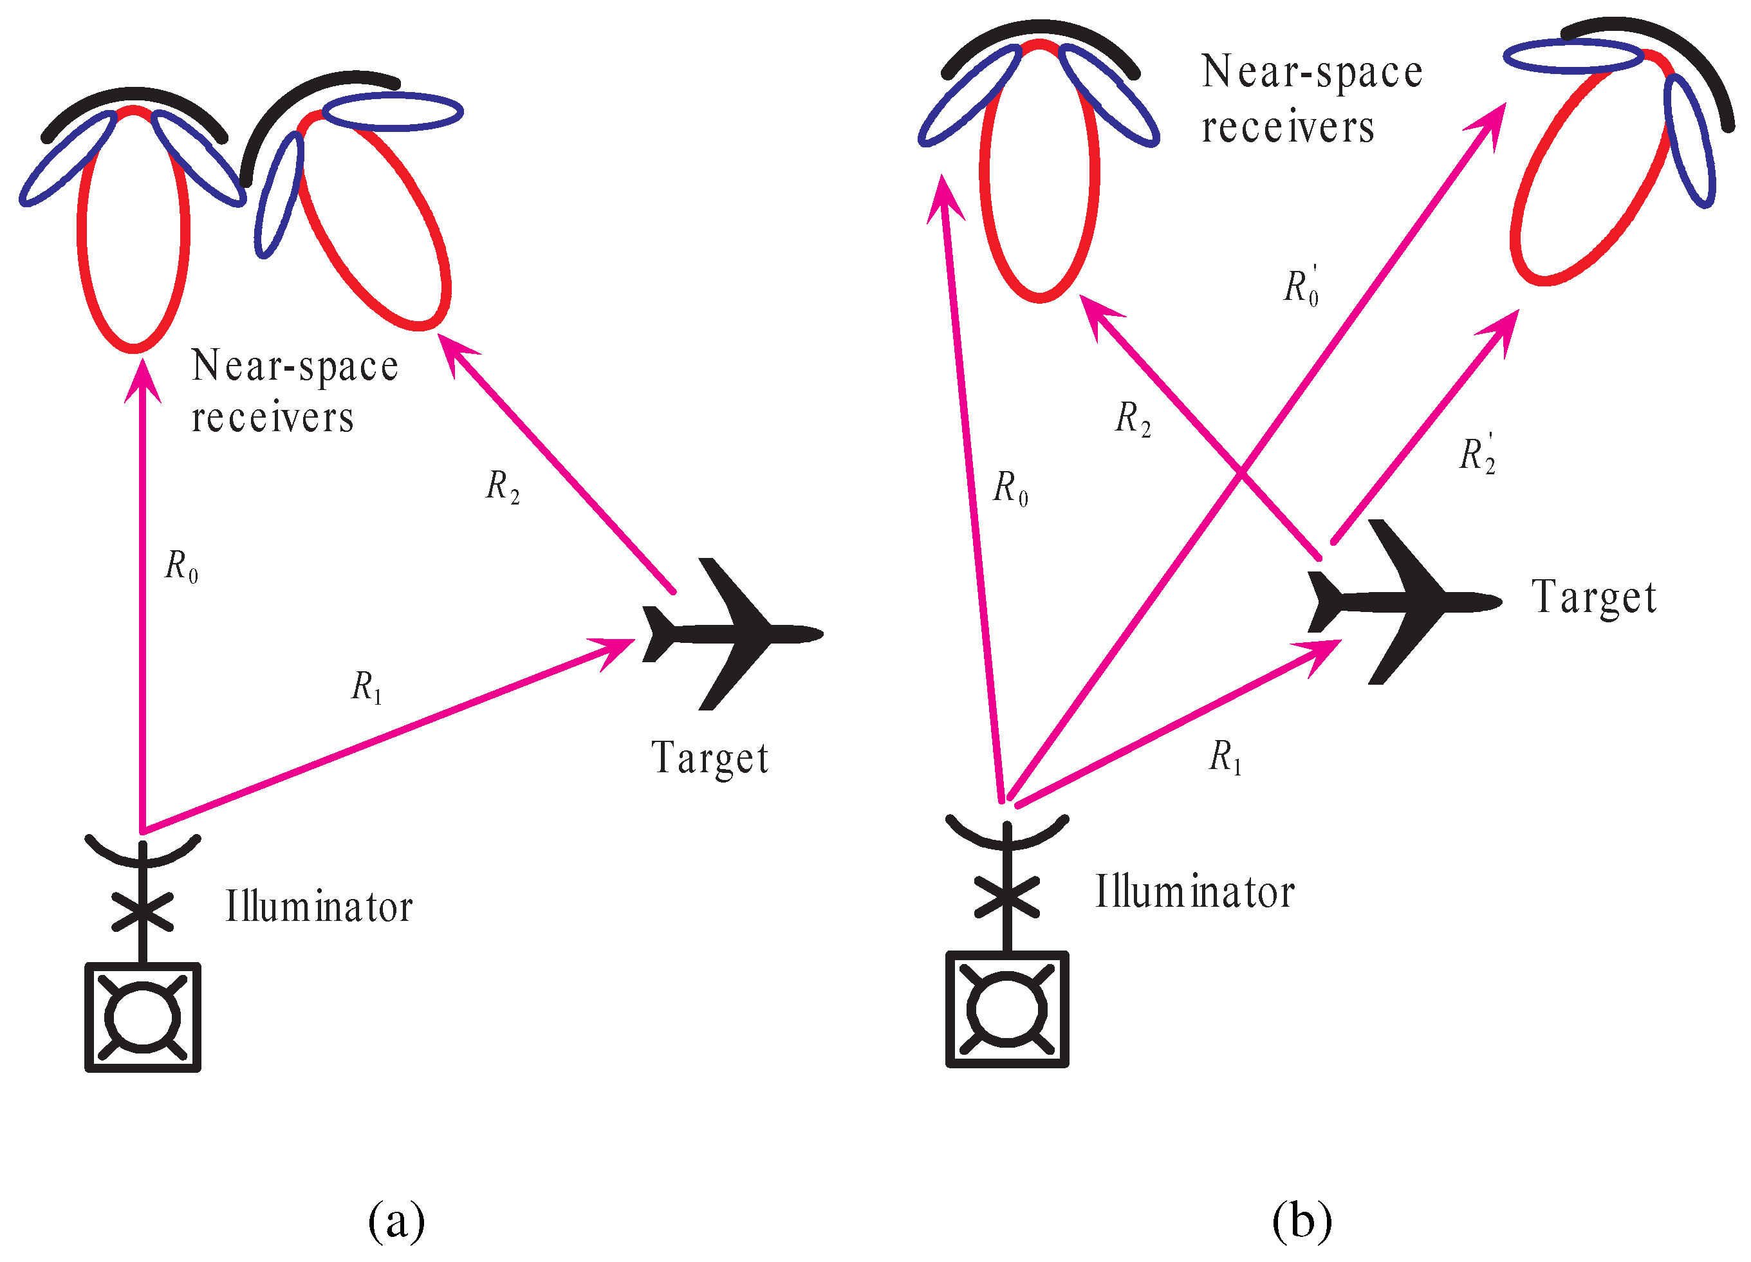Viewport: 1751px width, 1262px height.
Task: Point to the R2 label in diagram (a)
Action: point(502,487)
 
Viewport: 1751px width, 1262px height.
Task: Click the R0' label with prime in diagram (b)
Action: point(1302,286)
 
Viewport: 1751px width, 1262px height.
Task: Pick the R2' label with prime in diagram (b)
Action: point(1477,453)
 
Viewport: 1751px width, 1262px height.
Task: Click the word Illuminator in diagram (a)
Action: point(319,907)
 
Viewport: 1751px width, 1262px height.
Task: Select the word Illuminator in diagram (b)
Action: point(1194,893)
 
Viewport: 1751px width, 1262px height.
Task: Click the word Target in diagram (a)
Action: point(710,759)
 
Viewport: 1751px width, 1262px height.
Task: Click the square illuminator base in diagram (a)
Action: point(143,1017)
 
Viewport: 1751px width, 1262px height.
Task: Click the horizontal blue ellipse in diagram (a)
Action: point(392,112)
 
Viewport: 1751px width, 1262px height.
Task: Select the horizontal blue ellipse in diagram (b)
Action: point(1573,57)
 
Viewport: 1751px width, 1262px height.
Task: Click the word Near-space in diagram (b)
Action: point(1311,73)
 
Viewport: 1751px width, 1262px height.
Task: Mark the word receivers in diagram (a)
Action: point(273,419)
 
